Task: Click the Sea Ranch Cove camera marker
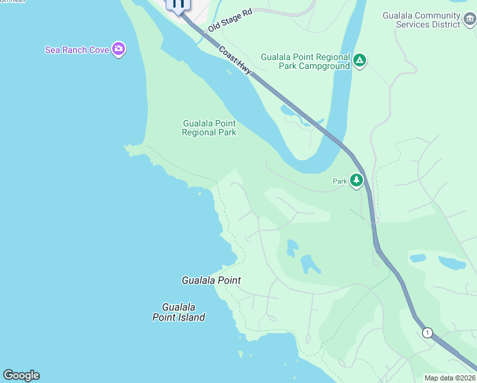(118, 49)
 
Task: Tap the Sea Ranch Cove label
(77, 50)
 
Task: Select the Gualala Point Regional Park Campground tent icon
(360, 61)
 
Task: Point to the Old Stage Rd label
(230, 20)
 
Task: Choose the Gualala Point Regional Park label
(209, 128)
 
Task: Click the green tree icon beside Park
(356, 181)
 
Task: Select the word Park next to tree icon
(340, 181)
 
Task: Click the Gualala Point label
(211, 280)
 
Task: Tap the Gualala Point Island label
(179, 312)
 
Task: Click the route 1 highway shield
(427, 333)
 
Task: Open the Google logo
(21, 375)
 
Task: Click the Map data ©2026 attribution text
(450, 378)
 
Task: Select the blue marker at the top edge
(178, 4)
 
